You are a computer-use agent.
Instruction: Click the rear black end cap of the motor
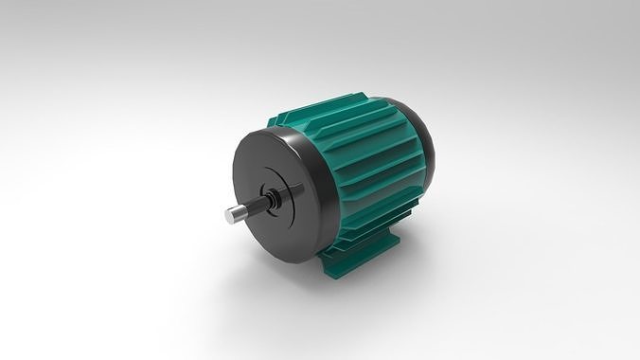[423, 142]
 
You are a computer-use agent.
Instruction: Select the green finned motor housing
[369, 161]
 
